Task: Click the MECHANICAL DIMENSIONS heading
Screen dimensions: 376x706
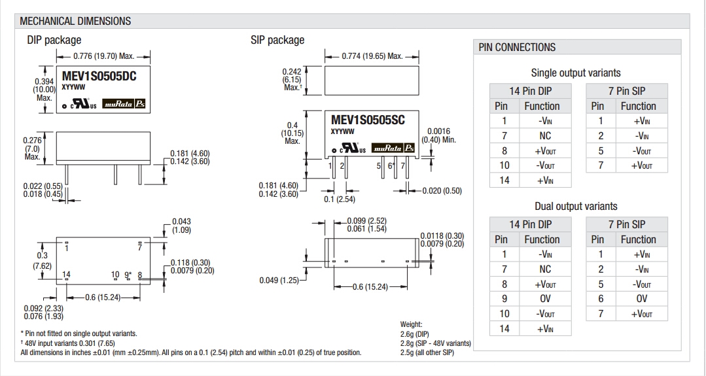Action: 75,21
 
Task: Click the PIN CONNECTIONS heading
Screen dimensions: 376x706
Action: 517,47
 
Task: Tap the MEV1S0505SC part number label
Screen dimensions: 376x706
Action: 368,120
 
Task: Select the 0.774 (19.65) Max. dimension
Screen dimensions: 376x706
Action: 372,56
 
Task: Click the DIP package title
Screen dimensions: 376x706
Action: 54,41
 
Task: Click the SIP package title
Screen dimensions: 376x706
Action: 277,40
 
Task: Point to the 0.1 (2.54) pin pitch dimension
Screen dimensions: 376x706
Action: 340,199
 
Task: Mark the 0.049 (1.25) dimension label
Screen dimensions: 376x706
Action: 279,281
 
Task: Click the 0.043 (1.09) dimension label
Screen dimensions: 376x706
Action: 182,226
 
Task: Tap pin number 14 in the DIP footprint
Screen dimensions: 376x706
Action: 66,275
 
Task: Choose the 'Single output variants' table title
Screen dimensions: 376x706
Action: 576,73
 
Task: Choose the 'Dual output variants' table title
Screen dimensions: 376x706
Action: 576,206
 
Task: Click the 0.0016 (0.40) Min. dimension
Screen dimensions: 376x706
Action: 438,135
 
